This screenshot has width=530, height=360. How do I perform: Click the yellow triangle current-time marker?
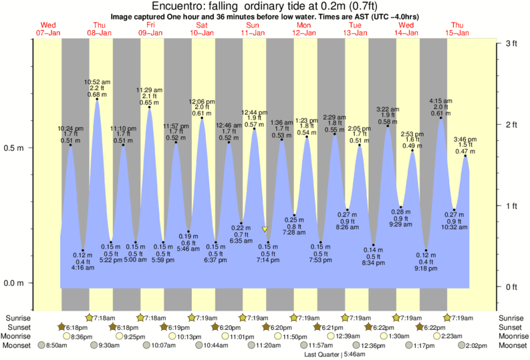pyautogui.click(x=265, y=229)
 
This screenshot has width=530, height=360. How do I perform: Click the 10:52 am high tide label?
pyautogui.click(x=97, y=82)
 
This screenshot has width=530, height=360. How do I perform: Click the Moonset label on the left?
pyautogui.click(x=17, y=345)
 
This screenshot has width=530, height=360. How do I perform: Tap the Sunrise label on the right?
pyautogui.click(x=512, y=317)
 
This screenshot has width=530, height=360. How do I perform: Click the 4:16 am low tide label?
pyautogui.click(x=82, y=267)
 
